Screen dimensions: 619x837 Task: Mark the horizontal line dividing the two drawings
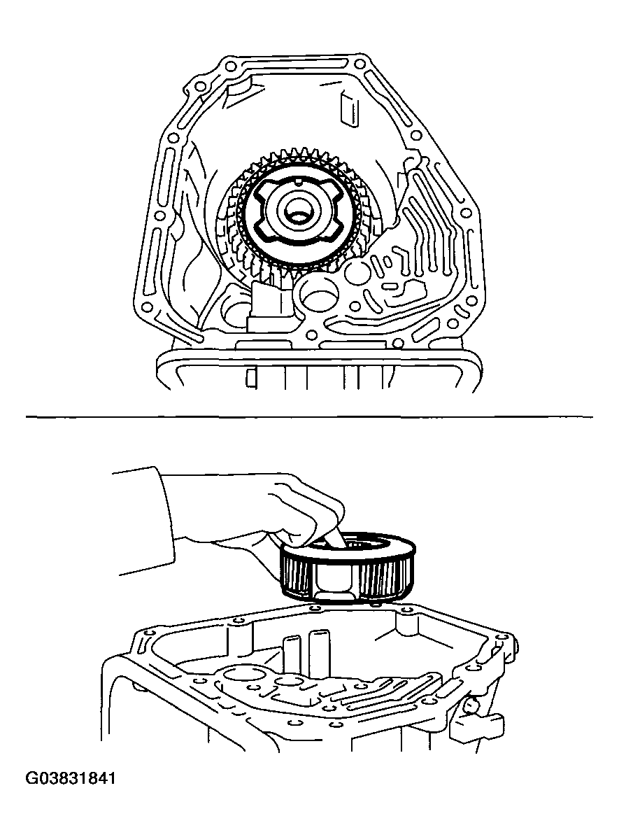[309, 416]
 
